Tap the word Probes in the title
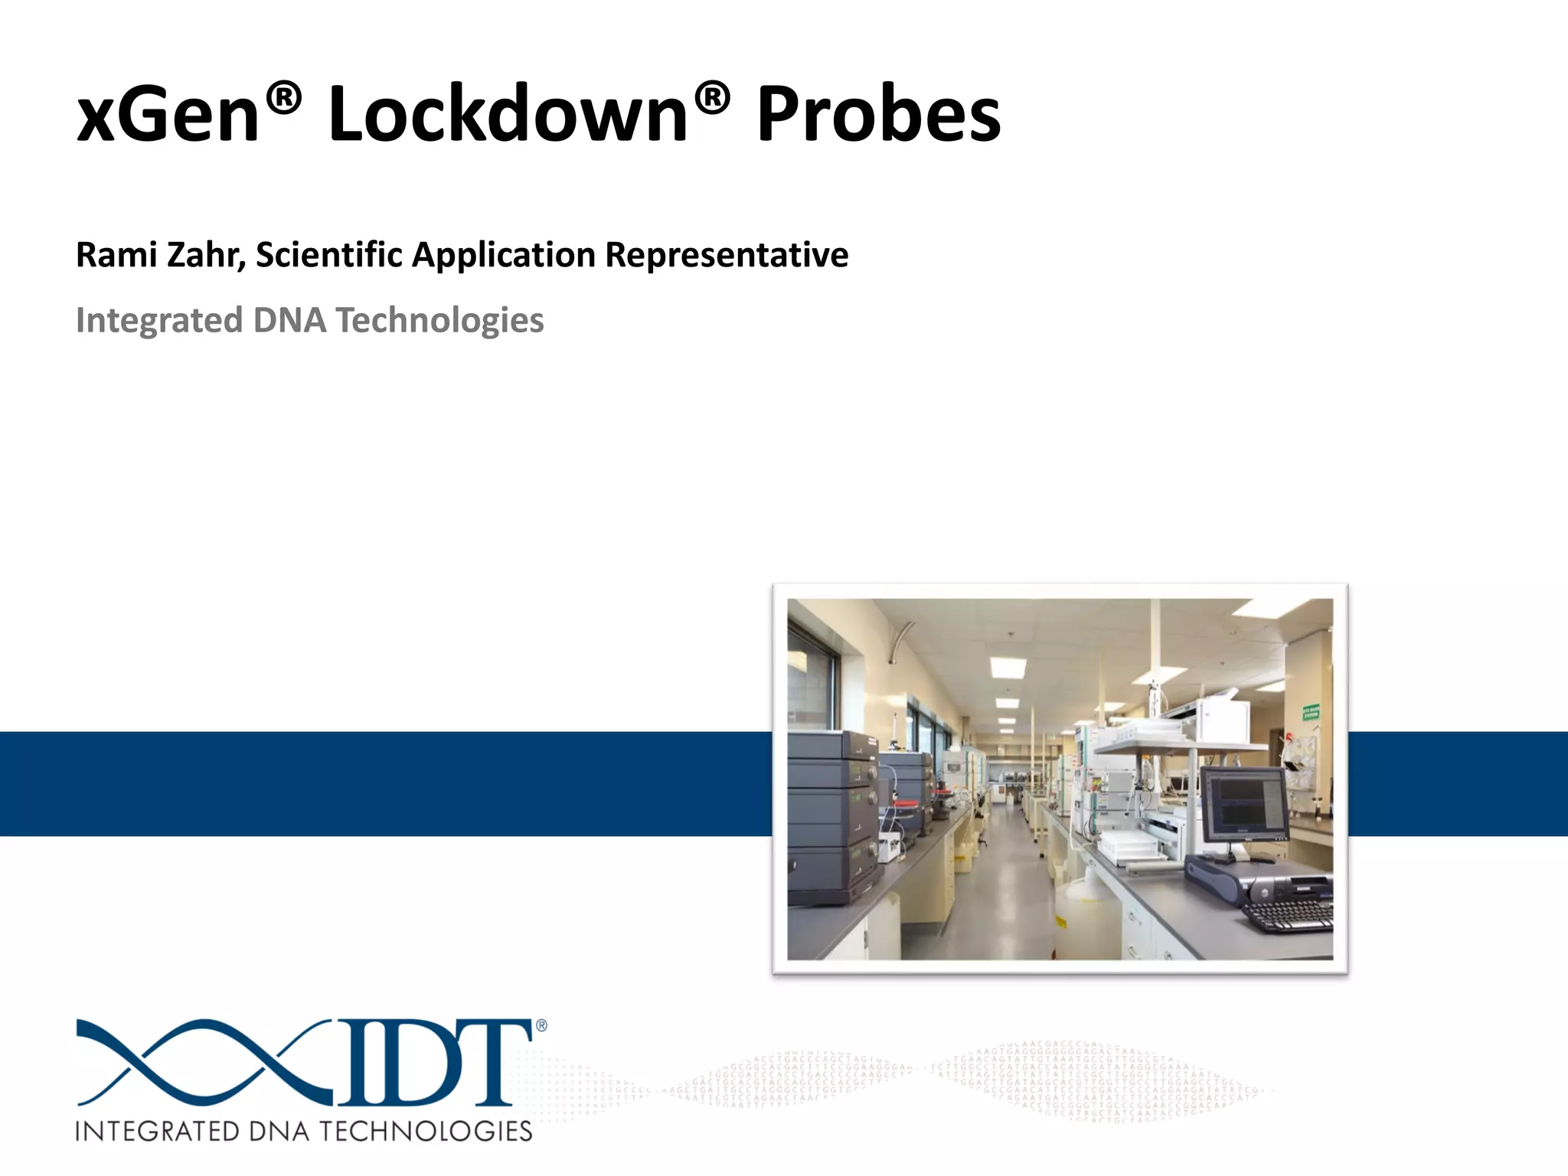(x=878, y=115)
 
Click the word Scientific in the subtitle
(x=329, y=255)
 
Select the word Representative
(x=727, y=255)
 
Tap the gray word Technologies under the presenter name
(x=439, y=320)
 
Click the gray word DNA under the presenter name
(x=290, y=320)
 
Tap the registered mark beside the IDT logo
(x=541, y=1026)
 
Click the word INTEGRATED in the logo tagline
(x=157, y=1132)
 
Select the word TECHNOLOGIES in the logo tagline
(x=425, y=1132)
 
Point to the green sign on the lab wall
(x=1310, y=712)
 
